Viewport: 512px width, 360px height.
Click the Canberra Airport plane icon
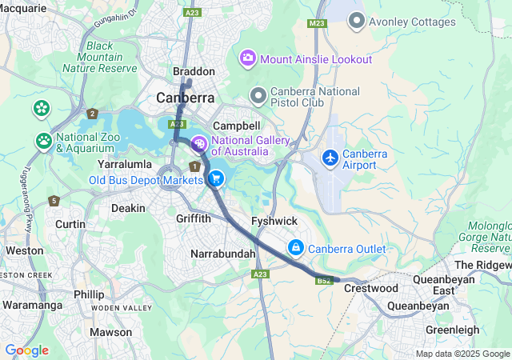330,158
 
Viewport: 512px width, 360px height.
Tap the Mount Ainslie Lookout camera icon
248,58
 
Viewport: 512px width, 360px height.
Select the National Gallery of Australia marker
198,144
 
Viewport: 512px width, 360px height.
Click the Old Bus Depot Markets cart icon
215,179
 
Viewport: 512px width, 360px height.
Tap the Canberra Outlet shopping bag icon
296,248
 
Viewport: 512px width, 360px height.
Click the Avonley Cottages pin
356,22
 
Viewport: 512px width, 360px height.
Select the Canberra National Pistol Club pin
258,97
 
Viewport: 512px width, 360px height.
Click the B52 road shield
324,281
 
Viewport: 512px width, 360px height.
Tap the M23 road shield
316,23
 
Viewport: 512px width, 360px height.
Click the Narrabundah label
223,254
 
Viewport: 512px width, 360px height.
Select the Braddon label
194,71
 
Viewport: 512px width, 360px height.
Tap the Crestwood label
370,288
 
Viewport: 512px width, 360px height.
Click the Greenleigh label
452,330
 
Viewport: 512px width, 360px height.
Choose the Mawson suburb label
110,332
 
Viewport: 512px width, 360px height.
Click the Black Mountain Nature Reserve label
111,57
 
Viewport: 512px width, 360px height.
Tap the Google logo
26,350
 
